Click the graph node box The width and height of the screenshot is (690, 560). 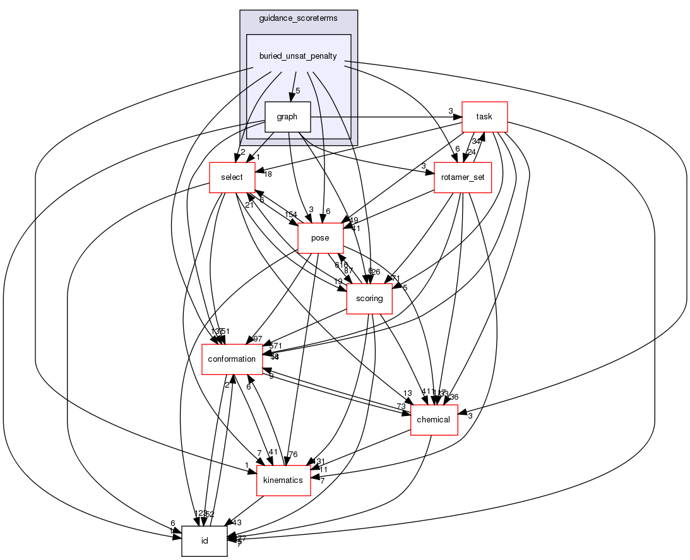(287, 117)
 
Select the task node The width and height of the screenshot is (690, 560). (485, 117)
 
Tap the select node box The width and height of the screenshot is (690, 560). (232, 177)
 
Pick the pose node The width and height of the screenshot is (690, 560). (320, 238)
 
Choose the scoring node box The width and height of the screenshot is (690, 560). (369, 299)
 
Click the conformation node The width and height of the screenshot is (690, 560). (232, 359)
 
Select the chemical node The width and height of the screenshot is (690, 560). (434, 420)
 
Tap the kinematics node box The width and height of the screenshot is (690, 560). (283, 480)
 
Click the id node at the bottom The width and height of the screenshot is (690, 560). (205, 541)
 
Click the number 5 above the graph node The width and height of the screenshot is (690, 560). (298, 90)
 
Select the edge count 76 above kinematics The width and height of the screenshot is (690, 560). (293, 455)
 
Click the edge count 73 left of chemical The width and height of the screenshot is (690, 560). (401, 405)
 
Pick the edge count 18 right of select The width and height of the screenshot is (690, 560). (268, 174)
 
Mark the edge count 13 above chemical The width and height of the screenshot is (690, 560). (407, 393)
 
